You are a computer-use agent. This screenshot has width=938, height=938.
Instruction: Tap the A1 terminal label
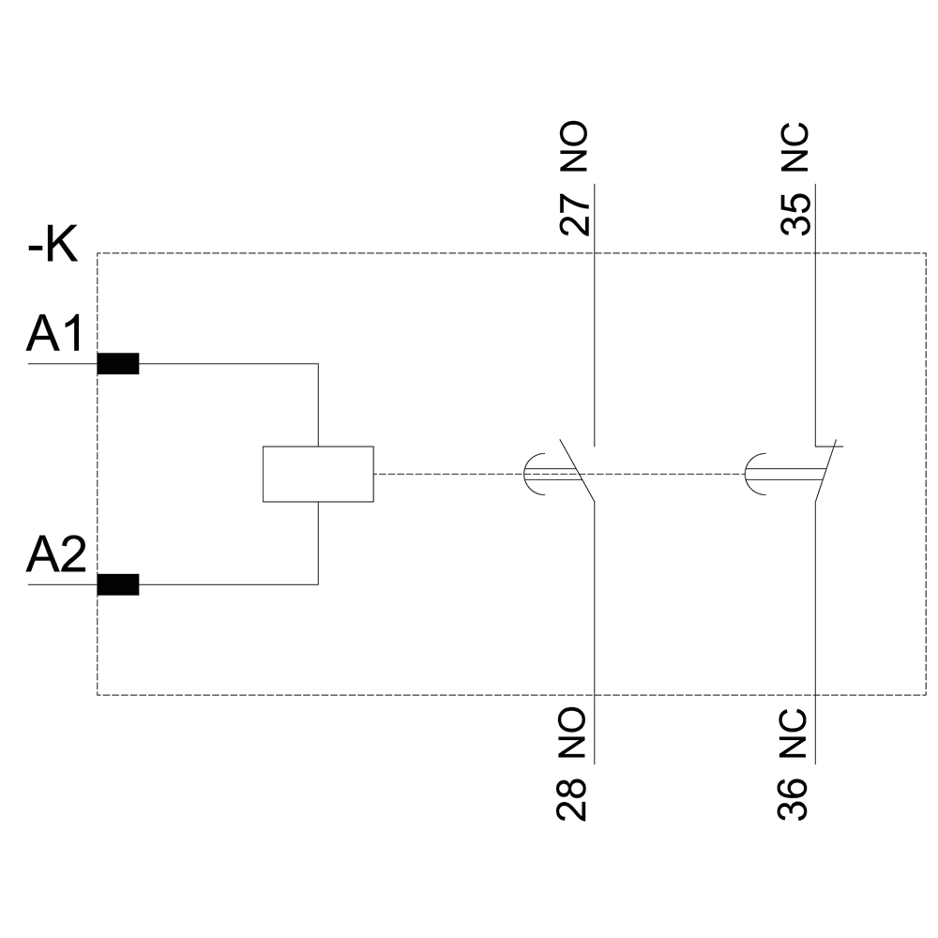[x=56, y=334]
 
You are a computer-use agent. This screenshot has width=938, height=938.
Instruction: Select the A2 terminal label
[x=56, y=555]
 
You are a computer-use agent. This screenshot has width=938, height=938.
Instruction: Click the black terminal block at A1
[x=118, y=364]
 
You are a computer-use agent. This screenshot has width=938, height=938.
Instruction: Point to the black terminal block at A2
[x=118, y=585]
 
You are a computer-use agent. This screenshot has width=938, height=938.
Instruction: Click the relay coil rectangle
[x=318, y=474]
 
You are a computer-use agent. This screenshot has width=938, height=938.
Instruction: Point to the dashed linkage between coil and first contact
[x=446, y=474]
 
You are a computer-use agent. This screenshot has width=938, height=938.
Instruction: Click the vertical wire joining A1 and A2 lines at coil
[x=318, y=403]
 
